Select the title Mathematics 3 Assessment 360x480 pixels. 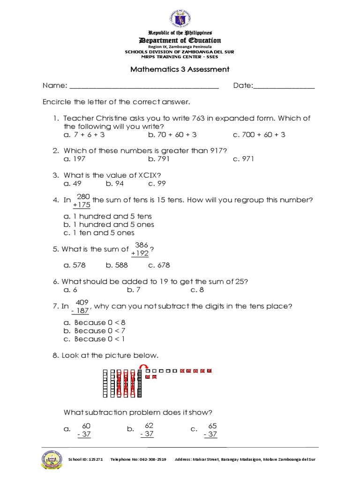180,69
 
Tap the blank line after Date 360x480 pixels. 284,87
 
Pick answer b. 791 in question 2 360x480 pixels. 159,159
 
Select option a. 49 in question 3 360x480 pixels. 73,184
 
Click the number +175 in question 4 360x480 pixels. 82,205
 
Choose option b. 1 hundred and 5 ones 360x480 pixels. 109,225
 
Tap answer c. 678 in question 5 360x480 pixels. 159,265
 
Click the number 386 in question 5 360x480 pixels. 141,245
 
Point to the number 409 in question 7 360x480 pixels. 82,302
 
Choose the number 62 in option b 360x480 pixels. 150,425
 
